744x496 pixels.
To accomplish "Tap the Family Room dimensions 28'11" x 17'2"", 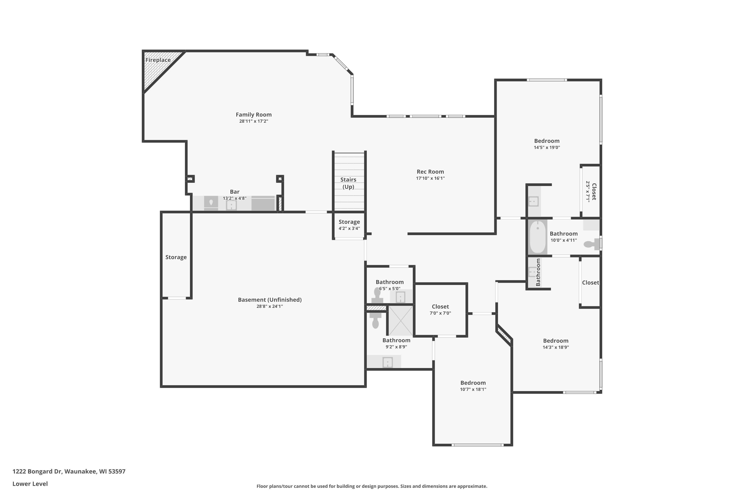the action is (x=254, y=121).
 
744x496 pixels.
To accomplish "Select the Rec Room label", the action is (x=430, y=172).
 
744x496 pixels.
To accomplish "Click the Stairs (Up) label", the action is (x=348, y=183).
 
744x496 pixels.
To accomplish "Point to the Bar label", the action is (x=235, y=192).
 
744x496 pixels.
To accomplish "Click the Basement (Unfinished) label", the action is (x=270, y=300).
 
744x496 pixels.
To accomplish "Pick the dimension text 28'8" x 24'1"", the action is (x=270, y=306).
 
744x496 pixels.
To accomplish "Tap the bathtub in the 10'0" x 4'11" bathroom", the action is (x=537, y=237).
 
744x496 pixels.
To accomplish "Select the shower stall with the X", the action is (x=401, y=320).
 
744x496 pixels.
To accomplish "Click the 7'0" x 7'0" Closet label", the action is (x=440, y=307).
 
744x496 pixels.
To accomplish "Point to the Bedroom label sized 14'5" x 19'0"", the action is (x=547, y=141).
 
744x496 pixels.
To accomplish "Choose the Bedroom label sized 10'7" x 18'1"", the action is (x=473, y=383).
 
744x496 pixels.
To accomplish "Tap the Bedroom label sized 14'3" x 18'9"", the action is (x=556, y=341).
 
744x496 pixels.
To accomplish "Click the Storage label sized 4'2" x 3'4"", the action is (x=349, y=222).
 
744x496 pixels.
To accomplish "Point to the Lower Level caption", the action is (x=30, y=484).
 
